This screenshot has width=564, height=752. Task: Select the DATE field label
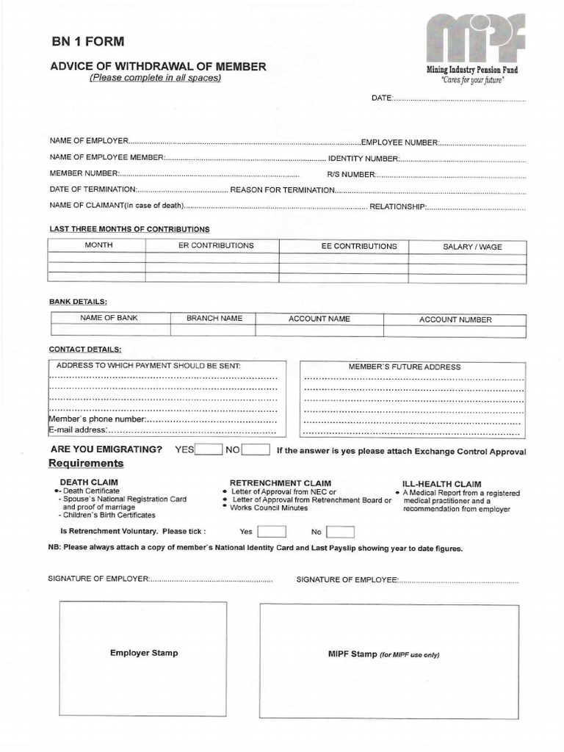tap(382, 98)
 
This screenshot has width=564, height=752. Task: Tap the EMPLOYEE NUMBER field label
tap(399, 142)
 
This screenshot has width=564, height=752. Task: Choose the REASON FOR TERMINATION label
tap(283, 190)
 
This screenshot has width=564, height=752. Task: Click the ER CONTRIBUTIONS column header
tap(216, 246)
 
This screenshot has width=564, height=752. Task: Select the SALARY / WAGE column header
tap(472, 247)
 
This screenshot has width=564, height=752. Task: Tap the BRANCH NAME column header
tap(214, 319)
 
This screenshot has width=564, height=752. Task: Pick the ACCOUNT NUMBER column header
tap(455, 319)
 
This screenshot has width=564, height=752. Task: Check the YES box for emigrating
tap(208, 450)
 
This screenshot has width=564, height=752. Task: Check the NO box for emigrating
tap(256, 450)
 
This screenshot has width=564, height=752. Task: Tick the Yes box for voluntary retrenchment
tap(272, 532)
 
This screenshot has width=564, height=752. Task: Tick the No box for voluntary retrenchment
tap(340, 532)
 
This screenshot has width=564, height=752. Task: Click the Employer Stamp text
tap(144, 653)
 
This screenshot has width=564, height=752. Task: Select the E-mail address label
tap(78, 430)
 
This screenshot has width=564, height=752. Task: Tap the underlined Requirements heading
tap(86, 463)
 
